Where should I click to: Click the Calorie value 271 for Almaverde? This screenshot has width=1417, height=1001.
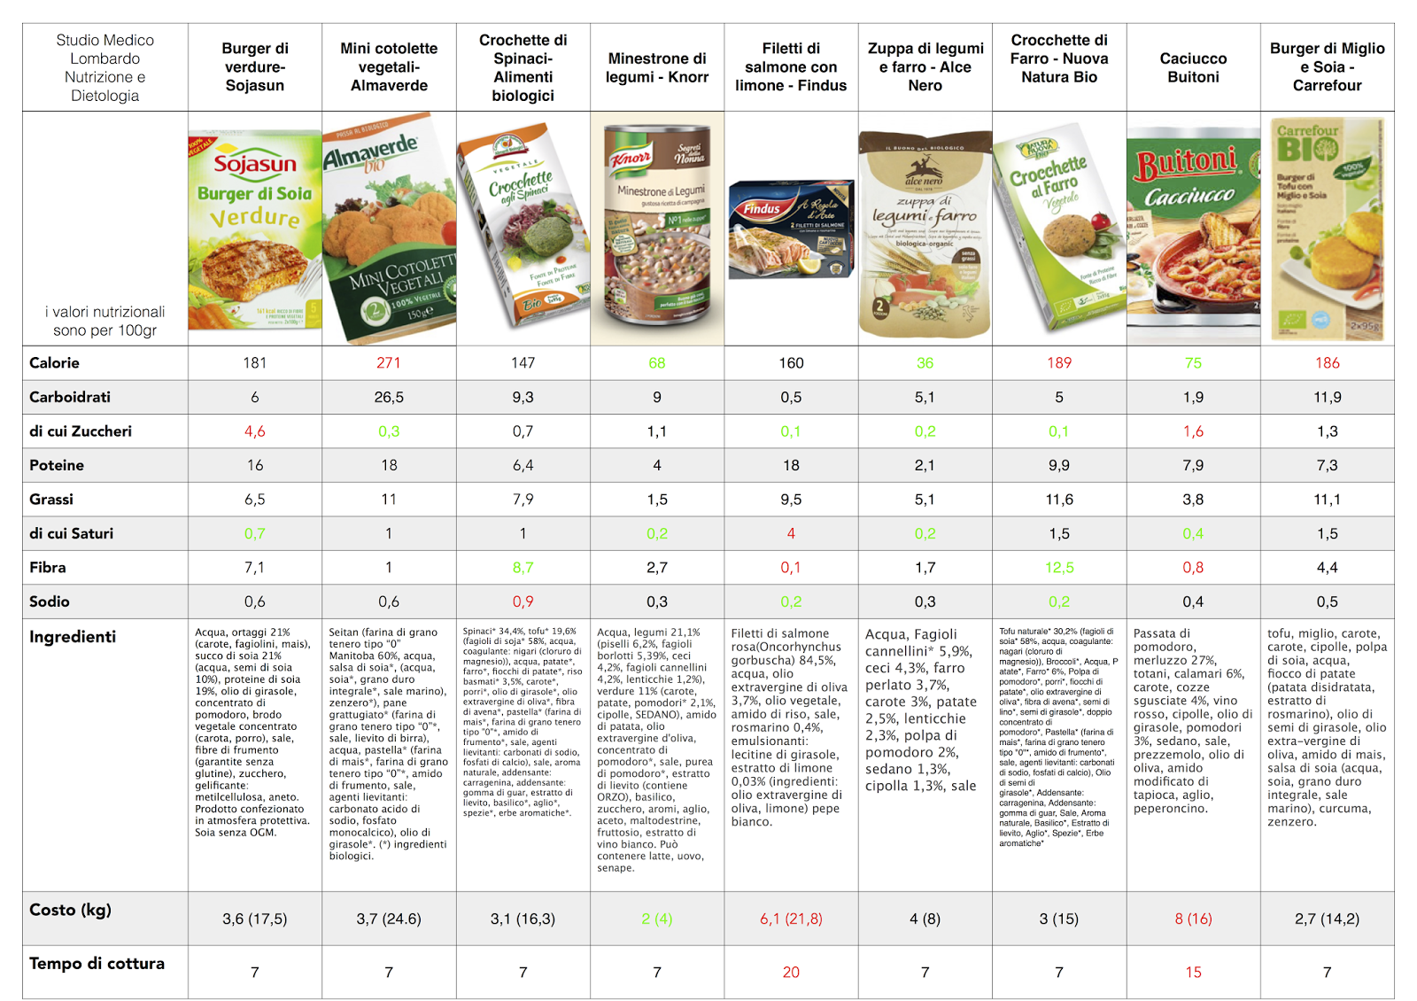tap(389, 363)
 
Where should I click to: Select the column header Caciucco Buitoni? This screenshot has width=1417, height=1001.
tap(1193, 67)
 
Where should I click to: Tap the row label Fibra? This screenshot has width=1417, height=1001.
tap(48, 568)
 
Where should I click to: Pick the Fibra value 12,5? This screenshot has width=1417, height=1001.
tap(1059, 568)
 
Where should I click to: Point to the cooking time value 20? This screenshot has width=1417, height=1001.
tap(791, 973)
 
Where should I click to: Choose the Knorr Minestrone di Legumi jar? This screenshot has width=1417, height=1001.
tap(657, 228)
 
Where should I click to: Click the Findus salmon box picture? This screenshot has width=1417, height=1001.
tap(791, 229)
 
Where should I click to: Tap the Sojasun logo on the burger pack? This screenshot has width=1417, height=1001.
tap(255, 164)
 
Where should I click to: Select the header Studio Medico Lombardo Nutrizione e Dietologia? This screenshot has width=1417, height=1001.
tap(105, 67)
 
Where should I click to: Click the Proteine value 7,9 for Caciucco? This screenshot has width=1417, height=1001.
tap(1193, 466)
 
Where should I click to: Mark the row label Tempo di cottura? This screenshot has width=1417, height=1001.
tap(97, 964)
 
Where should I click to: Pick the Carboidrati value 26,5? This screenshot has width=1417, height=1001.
tap(389, 398)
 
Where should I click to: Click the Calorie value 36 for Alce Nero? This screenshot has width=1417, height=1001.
tap(925, 363)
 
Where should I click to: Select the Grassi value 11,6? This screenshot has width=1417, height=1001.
tap(1059, 500)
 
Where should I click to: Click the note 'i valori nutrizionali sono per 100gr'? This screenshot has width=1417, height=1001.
tap(105, 321)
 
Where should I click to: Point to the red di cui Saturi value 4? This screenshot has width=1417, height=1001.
tap(791, 534)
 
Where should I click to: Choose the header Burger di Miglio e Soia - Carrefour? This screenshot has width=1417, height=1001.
tap(1327, 67)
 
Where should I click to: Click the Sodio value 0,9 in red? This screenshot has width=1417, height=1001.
tap(523, 602)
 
